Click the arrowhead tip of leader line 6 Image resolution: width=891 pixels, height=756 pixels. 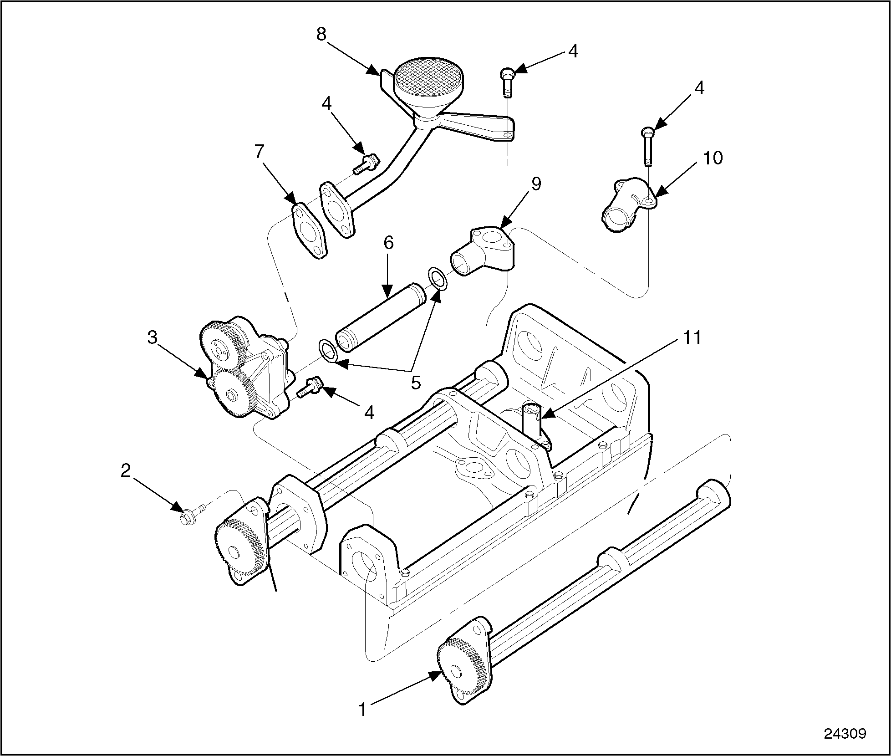[387, 298]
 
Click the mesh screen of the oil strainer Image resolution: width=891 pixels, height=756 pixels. [428, 76]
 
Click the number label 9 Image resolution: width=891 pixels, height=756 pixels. [536, 185]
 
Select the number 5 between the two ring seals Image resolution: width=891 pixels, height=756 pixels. [416, 383]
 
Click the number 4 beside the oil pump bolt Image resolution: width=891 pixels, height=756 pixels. [369, 413]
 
